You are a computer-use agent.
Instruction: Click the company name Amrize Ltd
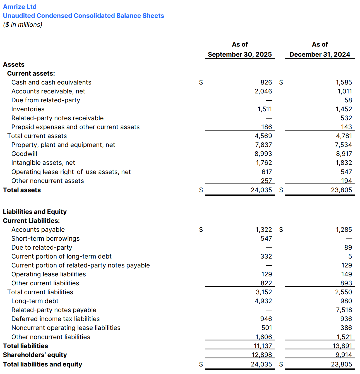20,7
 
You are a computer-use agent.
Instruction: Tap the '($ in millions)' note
23,25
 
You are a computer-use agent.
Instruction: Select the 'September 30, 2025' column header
240,54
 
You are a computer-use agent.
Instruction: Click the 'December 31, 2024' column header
320,54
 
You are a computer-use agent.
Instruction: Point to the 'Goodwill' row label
24,154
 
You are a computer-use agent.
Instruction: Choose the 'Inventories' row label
28,109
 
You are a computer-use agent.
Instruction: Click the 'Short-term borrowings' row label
45,238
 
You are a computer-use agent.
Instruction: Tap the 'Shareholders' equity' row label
35,355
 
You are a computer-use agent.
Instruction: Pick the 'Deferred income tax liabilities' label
56,319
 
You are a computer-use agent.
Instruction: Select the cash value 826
266,82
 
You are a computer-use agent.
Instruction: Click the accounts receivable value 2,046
263,91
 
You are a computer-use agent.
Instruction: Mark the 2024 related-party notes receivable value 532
346,118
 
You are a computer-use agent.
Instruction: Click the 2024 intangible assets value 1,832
344,163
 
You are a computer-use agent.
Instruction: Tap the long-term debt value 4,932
263,301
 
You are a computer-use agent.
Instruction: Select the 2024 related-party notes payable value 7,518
344,310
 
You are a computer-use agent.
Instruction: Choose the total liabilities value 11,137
263,346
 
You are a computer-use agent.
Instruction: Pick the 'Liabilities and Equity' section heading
35,212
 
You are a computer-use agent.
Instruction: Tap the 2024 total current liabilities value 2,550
344,292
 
